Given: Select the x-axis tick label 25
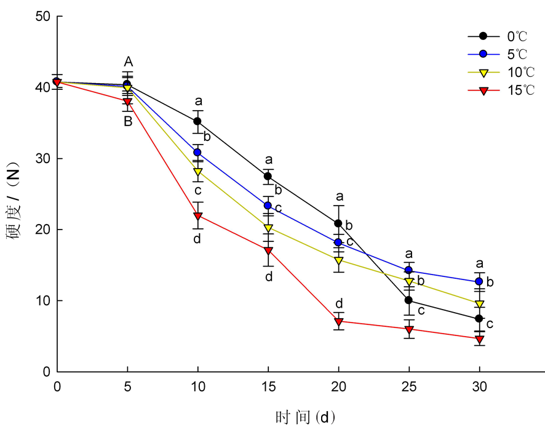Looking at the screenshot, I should pos(408,386).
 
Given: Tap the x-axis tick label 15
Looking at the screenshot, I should pos(268,386).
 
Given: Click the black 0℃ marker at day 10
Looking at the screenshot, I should pos(197,121).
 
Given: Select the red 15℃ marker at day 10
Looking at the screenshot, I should pos(197,216).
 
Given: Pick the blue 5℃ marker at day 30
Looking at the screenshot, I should pos(479,282).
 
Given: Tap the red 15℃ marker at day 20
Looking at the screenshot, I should pos(338,321).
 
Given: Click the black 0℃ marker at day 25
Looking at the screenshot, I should pos(408,300).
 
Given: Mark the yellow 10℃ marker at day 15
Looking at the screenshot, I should pos(268,228).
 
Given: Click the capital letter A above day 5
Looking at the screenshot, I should pos(128,62).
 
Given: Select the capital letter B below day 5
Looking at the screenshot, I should pos(128,121).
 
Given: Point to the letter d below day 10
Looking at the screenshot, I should pos(197,238).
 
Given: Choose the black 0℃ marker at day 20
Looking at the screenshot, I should pos(338,223).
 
